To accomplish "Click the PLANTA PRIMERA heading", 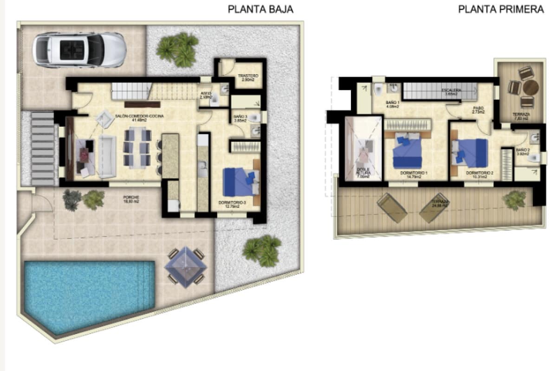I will pyautogui.click(x=501, y=9).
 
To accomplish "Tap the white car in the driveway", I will pyautogui.click(x=79, y=50).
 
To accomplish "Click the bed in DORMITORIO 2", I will pyautogui.click(x=471, y=153).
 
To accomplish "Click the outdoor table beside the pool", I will pyautogui.click(x=186, y=266).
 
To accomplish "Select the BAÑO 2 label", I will pyautogui.click(x=522, y=152).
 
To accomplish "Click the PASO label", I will pyautogui.click(x=478, y=109).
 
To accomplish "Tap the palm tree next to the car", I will pyautogui.click(x=178, y=49).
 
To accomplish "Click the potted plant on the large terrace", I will pyautogui.click(x=514, y=200).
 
